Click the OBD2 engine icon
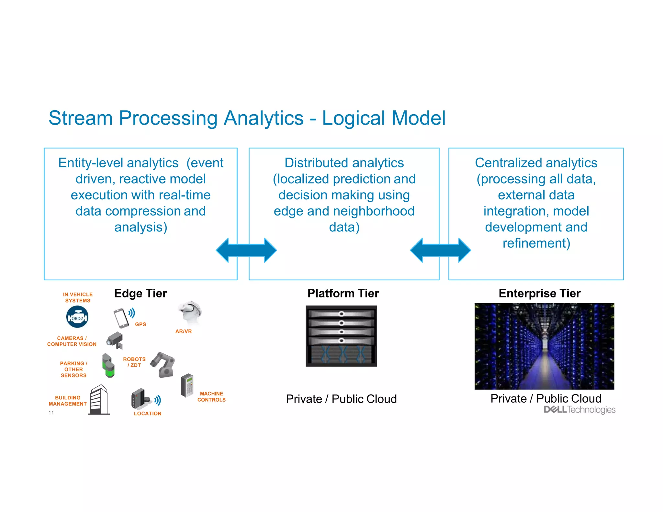[77, 317]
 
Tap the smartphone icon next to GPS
[121, 318]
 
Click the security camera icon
[115, 340]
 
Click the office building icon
[99, 400]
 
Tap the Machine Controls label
[211, 397]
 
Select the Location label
[148, 414]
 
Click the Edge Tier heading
[140, 293]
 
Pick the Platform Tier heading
[343, 293]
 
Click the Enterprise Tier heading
[539, 293]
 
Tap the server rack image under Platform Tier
[341, 336]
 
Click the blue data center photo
[544, 346]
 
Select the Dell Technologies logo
[579, 410]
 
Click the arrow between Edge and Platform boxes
[246, 250]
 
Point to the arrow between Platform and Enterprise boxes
[440, 250]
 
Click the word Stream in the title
[81, 118]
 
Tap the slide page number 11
[51, 413]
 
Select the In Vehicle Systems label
[78, 297]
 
